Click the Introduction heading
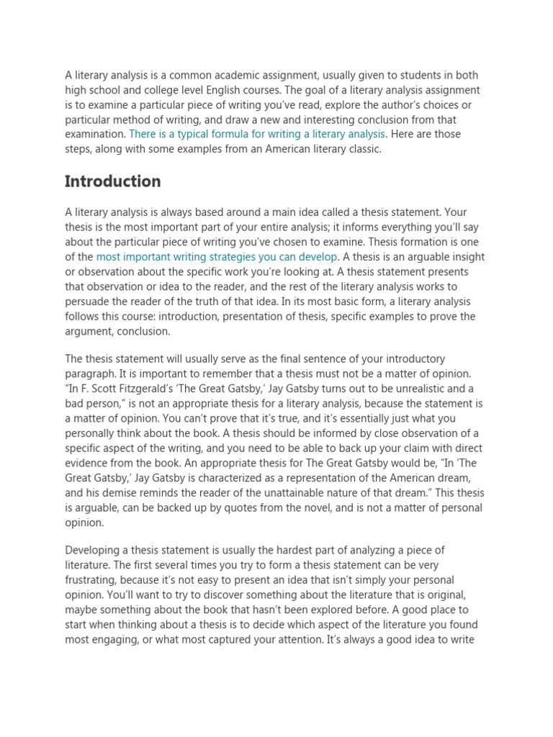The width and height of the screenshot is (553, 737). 113,181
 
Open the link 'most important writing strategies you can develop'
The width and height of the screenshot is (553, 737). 217,257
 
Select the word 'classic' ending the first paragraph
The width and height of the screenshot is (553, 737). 360,149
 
